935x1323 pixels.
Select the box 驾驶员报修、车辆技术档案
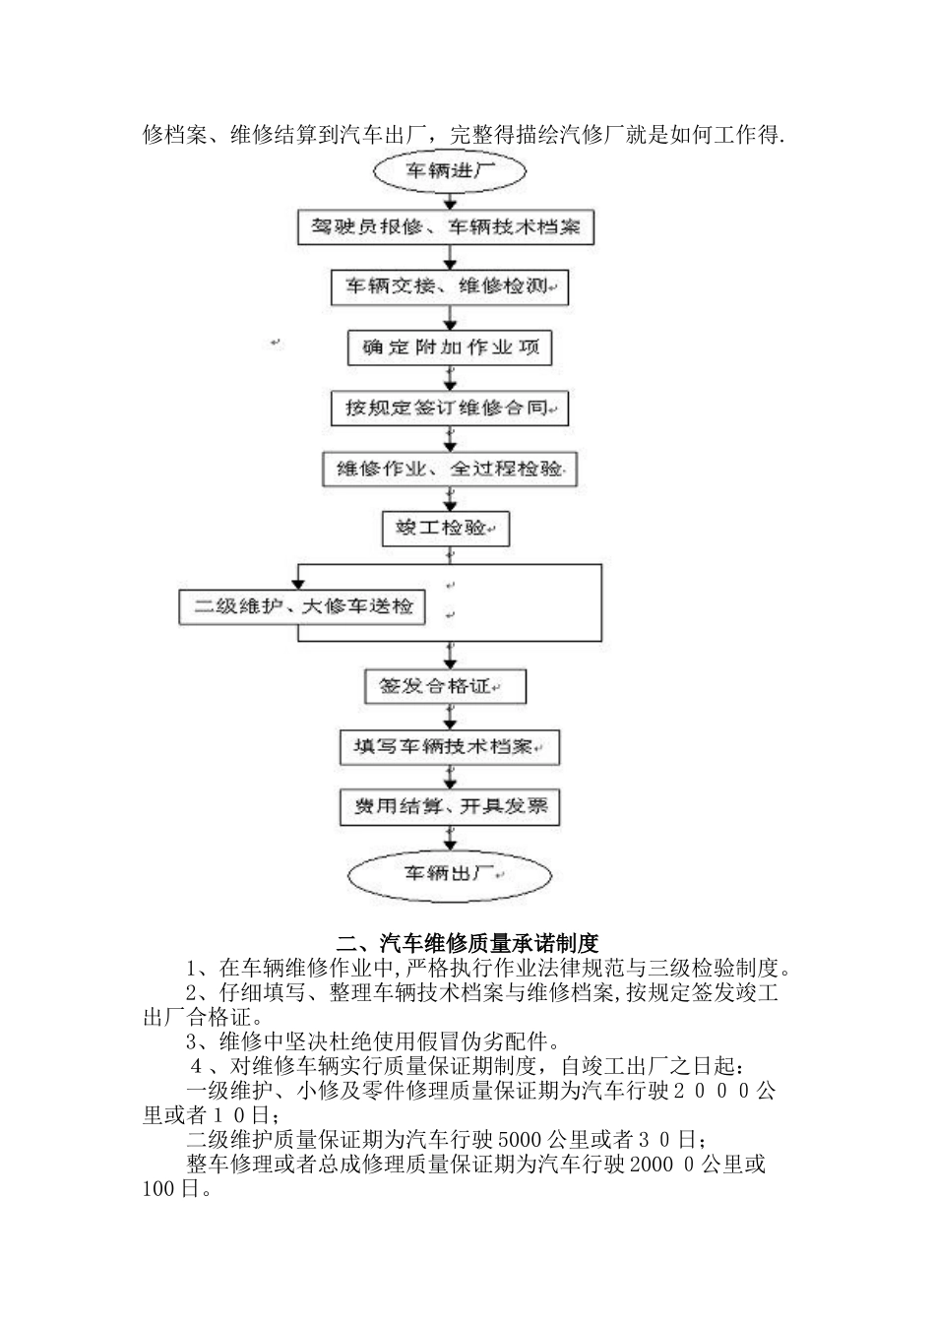click(x=447, y=227)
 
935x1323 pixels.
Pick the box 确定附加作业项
click(x=450, y=347)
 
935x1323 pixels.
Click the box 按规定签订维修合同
click(x=450, y=408)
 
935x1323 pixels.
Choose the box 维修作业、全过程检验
click(x=450, y=469)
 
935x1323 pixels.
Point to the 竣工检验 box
click(x=446, y=529)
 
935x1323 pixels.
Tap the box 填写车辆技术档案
click(x=449, y=747)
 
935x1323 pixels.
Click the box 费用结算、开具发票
click(x=450, y=807)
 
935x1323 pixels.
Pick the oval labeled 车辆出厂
click(x=450, y=874)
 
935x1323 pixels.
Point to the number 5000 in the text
click(x=517, y=1140)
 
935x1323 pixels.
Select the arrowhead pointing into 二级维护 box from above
click(x=298, y=584)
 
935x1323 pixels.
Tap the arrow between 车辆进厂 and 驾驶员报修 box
click(x=450, y=201)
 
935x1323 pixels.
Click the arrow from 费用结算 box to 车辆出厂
click(x=450, y=839)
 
